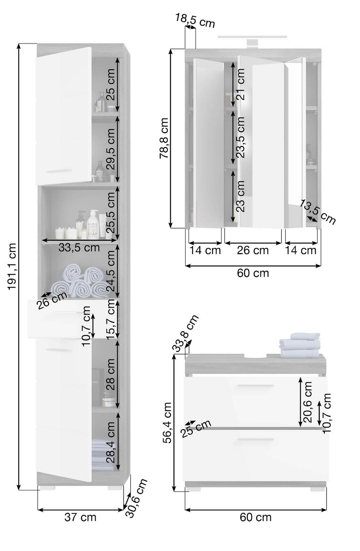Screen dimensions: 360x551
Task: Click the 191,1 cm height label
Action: click(x=12, y=266)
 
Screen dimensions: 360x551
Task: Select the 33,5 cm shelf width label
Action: click(x=79, y=248)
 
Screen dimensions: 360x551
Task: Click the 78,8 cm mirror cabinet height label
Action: click(x=164, y=138)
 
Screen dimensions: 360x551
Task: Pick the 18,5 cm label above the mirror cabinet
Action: click(x=195, y=20)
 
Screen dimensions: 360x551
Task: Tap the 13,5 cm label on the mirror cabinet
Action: click(x=318, y=212)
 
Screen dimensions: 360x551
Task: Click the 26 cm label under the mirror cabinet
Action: click(x=253, y=250)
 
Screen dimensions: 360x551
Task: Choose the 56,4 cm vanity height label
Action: click(x=167, y=423)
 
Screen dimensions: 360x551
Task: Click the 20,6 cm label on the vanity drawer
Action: click(x=308, y=402)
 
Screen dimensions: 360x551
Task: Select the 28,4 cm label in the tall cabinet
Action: click(x=110, y=442)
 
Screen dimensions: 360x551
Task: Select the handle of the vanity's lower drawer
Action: click(x=255, y=440)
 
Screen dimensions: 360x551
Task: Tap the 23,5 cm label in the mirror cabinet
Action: click(x=240, y=137)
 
